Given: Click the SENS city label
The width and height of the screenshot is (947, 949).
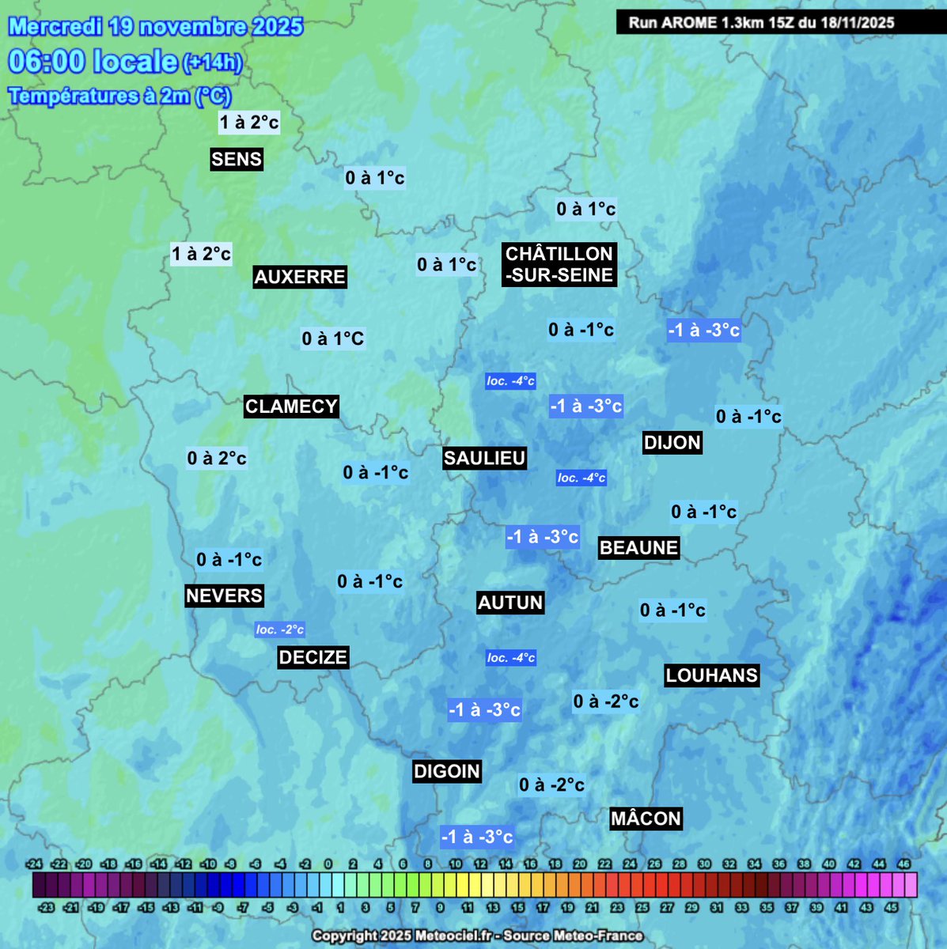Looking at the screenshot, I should pyautogui.click(x=237, y=159).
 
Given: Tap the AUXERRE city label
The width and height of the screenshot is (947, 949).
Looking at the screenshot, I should pyautogui.click(x=300, y=277).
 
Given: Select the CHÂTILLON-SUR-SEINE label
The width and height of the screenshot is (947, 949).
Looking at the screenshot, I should pyautogui.click(x=559, y=264).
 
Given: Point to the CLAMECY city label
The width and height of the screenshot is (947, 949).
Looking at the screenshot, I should pyautogui.click(x=291, y=406).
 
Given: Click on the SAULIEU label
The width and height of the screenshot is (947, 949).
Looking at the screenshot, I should pyautogui.click(x=484, y=458).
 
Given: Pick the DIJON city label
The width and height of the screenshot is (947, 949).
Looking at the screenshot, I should pyautogui.click(x=672, y=442).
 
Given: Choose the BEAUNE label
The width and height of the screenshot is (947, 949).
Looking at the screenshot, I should pyautogui.click(x=638, y=547).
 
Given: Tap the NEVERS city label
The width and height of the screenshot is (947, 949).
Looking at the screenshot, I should pyautogui.click(x=224, y=595).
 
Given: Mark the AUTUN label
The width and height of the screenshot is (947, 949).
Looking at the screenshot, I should pyautogui.click(x=510, y=603).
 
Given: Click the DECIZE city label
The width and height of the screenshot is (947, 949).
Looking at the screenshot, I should pyautogui.click(x=313, y=657).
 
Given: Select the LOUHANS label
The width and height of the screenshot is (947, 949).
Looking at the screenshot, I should pyautogui.click(x=711, y=675).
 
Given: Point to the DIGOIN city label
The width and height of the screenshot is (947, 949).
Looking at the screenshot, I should pyautogui.click(x=447, y=771).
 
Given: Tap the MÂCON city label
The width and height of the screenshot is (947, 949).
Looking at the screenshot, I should pyautogui.click(x=646, y=819).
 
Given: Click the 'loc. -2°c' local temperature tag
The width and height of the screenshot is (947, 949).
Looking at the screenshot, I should pyautogui.click(x=280, y=630).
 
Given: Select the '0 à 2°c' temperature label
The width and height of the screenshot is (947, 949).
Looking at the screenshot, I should pyautogui.click(x=217, y=458).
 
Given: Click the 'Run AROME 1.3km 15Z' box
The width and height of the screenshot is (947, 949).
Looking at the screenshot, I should pyautogui.click(x=761, y=22).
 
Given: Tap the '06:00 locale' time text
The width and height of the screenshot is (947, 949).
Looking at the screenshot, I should pyautogui.click(x=93, y=61).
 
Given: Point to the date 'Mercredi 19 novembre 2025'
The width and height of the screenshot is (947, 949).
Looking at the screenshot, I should pyautogui.click(x=156, y=26).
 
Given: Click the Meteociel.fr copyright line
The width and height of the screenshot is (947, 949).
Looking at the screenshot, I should pyautogui.click(x=477, y=936).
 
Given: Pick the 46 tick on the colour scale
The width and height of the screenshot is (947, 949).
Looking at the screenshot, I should pyautogui.click(x=904, y=864).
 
